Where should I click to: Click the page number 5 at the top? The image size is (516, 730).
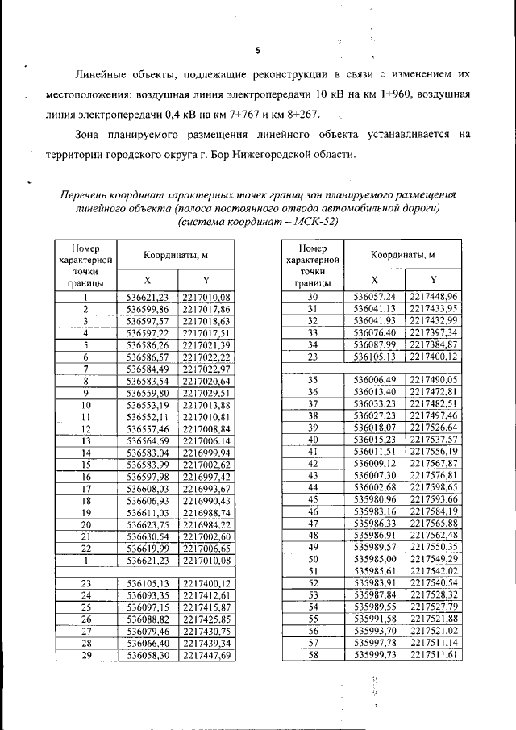(x=257, y=50)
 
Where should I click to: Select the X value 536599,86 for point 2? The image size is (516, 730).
(x=148, y=309)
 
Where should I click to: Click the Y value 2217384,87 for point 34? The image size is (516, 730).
(x=433, y=343)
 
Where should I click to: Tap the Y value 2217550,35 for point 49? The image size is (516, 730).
(x=433, y=546)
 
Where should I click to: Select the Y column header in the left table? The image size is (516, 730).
(x=206, y=280)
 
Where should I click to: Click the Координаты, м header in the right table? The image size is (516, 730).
(x=403, y=255)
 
